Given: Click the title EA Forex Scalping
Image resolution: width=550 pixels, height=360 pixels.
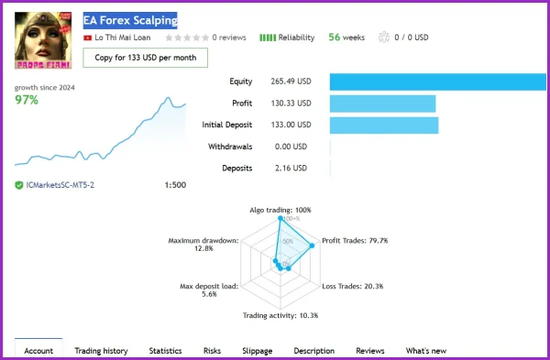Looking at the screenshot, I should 129,20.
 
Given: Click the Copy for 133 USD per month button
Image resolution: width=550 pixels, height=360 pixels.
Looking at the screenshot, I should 145,58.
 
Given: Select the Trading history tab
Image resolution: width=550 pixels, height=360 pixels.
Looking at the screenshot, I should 101,351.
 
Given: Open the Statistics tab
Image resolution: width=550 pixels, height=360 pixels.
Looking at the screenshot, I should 165,351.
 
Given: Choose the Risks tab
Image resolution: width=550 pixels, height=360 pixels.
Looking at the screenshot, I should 212,351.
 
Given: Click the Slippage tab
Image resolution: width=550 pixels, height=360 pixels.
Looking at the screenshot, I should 257,351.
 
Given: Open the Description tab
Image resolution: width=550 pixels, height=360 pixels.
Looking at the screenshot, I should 314,351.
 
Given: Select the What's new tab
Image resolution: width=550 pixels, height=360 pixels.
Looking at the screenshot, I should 426,351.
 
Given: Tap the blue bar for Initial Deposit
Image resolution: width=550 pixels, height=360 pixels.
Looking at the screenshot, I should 383,125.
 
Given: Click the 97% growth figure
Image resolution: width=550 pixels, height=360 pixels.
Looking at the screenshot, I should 27,100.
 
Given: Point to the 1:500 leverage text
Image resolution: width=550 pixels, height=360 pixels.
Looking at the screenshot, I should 174,185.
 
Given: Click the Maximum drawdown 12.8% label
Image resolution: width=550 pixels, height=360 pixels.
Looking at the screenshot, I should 203,245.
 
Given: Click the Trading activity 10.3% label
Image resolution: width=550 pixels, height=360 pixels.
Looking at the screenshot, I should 280,315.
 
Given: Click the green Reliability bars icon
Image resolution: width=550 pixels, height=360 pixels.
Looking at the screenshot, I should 268,38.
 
